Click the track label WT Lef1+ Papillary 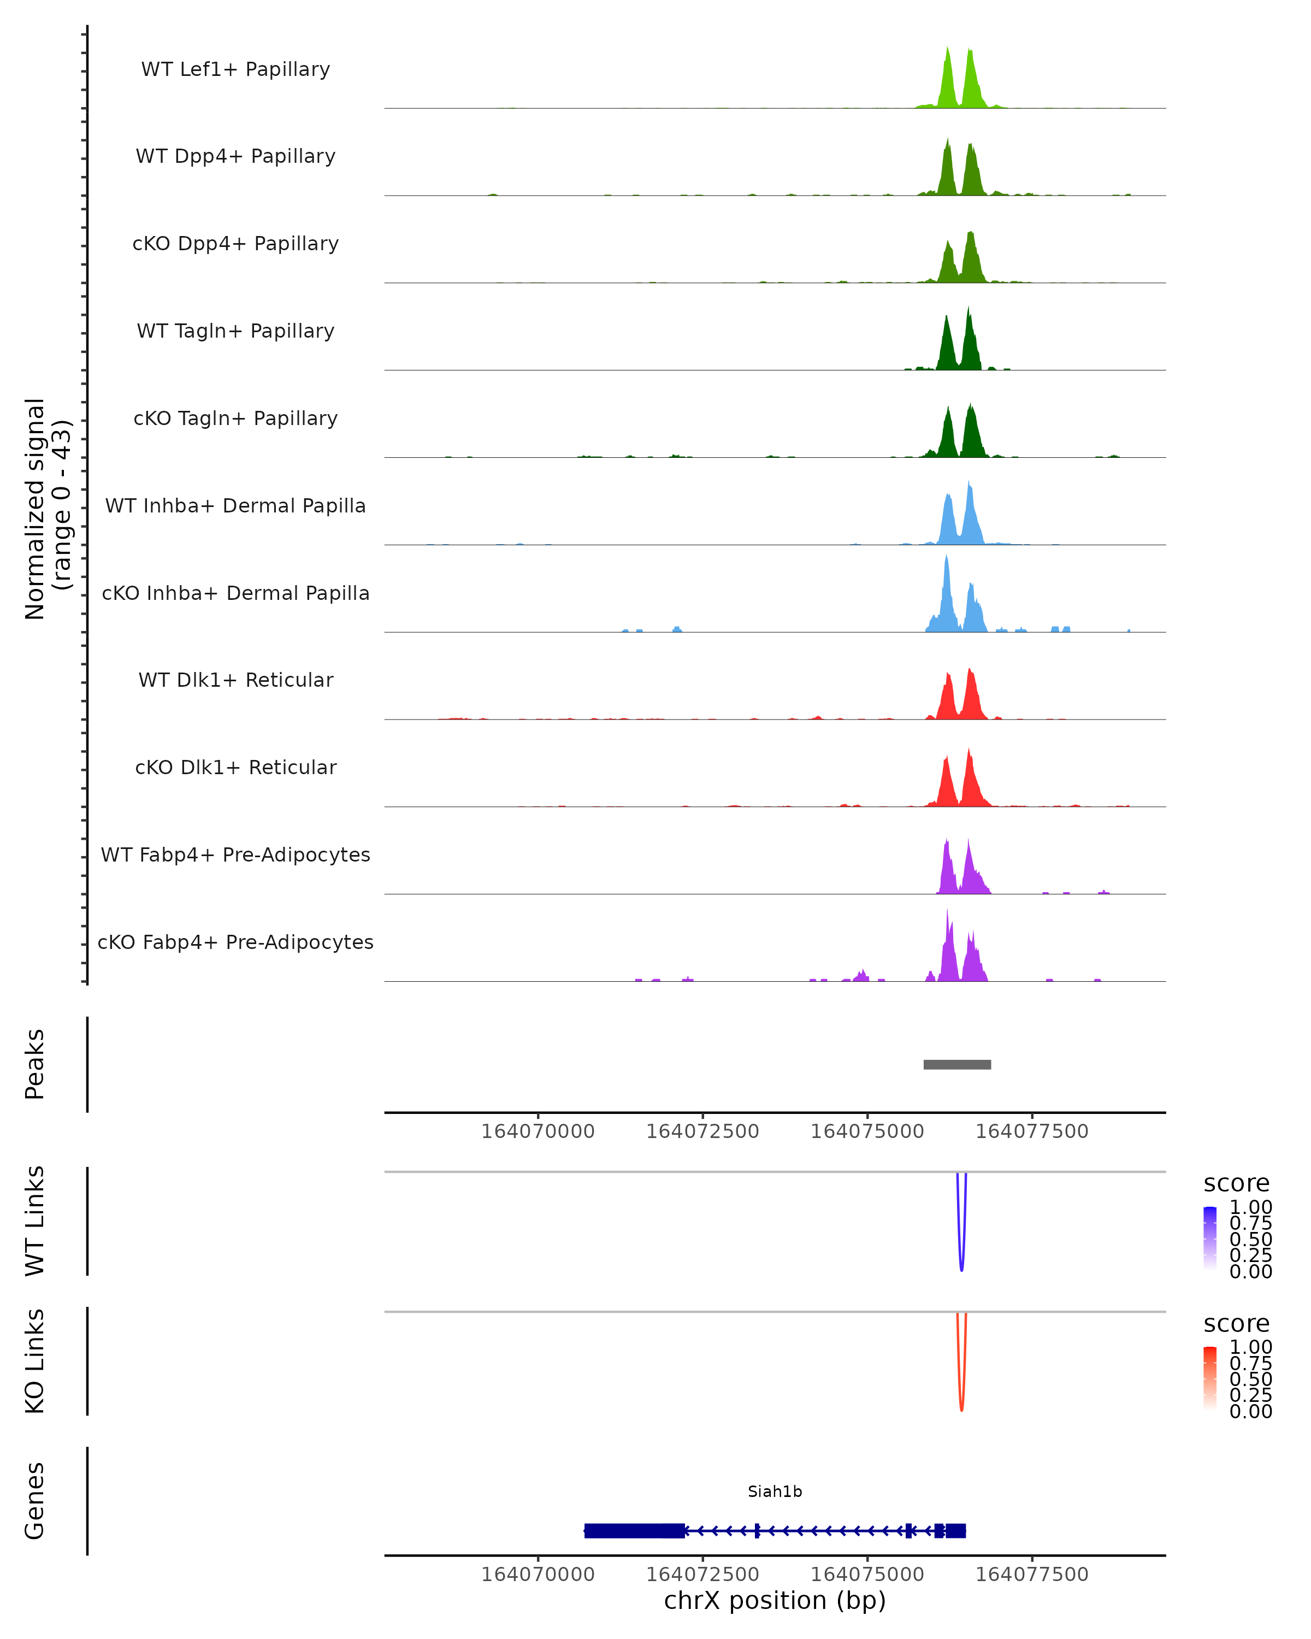(x=235, y=69)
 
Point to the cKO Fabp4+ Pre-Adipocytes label (x=235, y=942)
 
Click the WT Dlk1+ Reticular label (x=235, y=680)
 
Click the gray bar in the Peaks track (x=957, y=1064)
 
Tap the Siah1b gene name (x=775, y=1491)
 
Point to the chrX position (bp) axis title (x=775, y=1600)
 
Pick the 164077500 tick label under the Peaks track (x=1031, y=1131)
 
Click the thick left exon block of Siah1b (x=634, y=1530)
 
